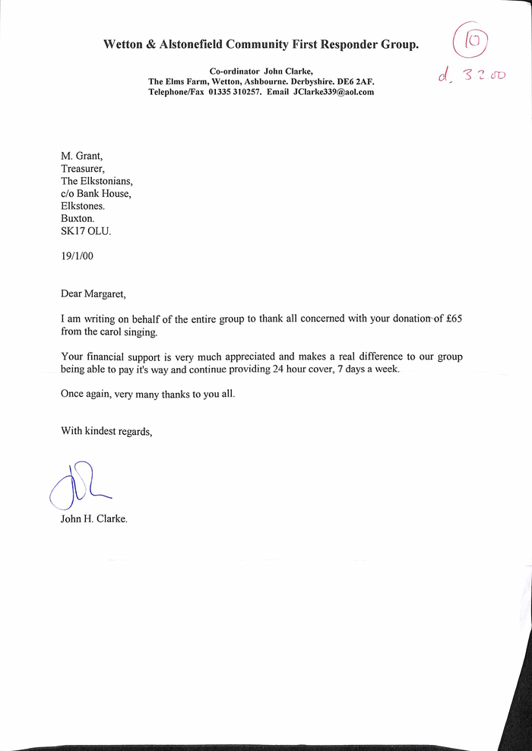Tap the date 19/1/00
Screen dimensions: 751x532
click(x=78, y=256)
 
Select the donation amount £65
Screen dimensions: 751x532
click(x=454, y=318)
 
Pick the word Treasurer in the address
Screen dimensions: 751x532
click(x=84, y=169)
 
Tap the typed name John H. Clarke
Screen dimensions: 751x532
click(x=94, y=520)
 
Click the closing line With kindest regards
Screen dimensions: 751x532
click(x=106, y=431)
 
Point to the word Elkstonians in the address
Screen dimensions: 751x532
click(x=109, y=182)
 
